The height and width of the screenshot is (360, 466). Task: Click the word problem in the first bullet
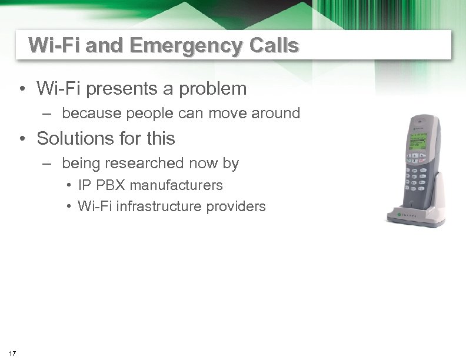point(214,89)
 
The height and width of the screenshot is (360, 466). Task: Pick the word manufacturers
point(176,185)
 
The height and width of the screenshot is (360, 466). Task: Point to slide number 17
point(13,353)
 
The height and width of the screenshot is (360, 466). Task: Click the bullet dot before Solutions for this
point(22,139)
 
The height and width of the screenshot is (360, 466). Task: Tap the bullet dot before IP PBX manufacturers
point(69,186)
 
